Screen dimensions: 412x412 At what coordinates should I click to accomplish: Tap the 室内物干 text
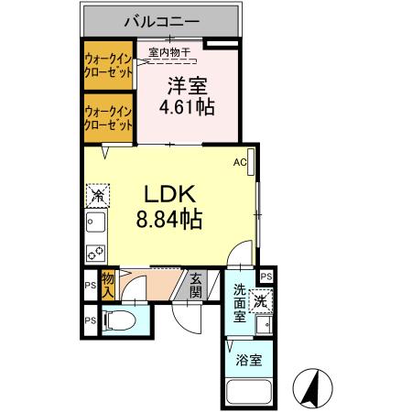coord(169,53)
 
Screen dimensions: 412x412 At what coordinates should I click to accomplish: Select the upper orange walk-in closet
coord(106,66)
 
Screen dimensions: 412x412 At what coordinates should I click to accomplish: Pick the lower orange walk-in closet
coord(106,118)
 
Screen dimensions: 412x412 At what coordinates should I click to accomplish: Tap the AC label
coord(240,163)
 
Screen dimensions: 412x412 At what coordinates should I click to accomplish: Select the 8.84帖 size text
coord(170,220)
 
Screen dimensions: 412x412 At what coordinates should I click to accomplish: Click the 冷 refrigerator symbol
coord(96,195)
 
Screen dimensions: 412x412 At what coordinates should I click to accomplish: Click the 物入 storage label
coord(107,284)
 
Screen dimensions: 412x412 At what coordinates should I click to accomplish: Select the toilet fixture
coord(118,321)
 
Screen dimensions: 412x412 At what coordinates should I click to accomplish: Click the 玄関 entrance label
coord(196,287)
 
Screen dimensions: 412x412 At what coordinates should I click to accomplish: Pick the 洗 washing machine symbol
coord(261,298)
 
